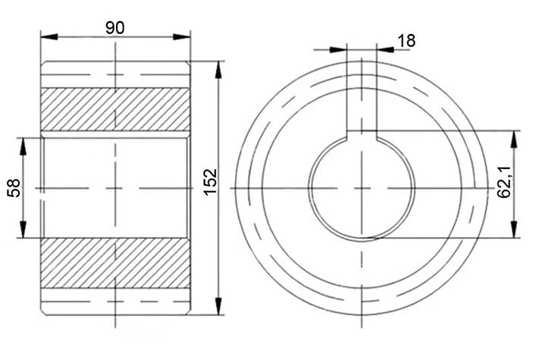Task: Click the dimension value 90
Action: [115, 28]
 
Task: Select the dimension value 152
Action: [210, 182]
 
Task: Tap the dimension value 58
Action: [14, 188]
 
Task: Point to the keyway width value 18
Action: [407, 41]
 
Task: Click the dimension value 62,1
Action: [504, 182]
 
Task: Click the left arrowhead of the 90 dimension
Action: [49, 36]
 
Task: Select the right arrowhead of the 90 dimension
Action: [181, 36]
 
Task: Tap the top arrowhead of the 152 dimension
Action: [218, 70]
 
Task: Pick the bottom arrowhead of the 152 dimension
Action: [218, 306]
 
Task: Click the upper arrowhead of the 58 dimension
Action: [23, 146]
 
